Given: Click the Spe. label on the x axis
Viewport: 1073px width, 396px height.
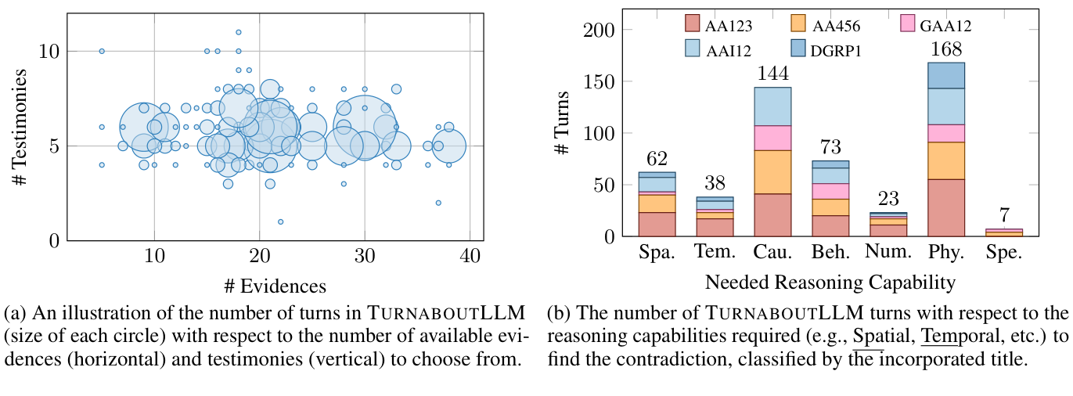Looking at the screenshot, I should [1004, 254].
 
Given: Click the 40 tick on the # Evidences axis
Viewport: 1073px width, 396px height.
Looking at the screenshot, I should [470, 257].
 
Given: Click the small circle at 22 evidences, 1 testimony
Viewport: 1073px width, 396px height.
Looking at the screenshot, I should [280, 221].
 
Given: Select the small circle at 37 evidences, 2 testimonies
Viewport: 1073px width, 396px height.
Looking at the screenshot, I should [438, 203].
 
